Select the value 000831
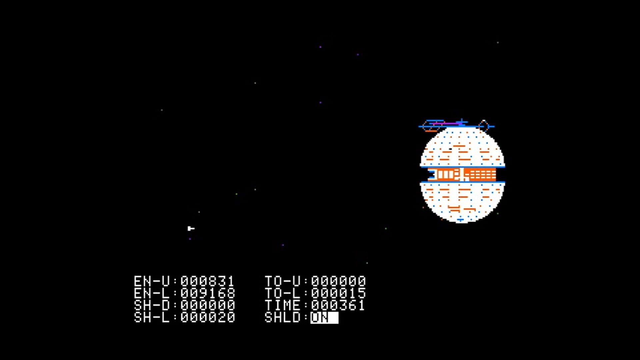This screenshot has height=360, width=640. click(x=208, y=281)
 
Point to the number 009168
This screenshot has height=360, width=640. click(x=208, y=293)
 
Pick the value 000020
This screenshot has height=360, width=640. click(x=208, y=317)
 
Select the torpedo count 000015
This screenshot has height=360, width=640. click(x=338, y=293)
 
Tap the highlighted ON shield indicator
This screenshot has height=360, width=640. click(x=324, y=317)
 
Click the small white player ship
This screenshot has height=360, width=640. click(x=191, y=228)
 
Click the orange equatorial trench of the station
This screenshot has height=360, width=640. click(x=462, y=174)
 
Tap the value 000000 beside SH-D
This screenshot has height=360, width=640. click(x=208, y=305)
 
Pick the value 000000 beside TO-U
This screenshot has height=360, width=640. click(x=338, y=281)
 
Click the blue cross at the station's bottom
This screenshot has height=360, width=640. click(x=460, y=220)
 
